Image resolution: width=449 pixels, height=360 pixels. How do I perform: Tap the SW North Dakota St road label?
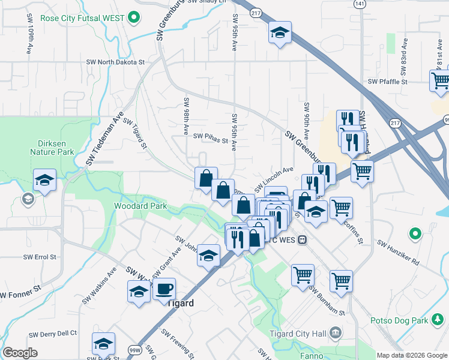click(116, 61)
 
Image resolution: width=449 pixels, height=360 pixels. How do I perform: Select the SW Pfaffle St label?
click(388, 82)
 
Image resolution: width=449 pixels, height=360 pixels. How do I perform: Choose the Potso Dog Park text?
click(399, 320)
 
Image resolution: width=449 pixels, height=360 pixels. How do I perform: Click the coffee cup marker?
click(164, 289)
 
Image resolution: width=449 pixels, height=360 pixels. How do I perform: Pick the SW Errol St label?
click(40, 257)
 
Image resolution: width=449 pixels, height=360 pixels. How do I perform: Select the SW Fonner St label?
click(20, 292)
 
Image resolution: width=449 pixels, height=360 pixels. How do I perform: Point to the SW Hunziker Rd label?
click(398, 252)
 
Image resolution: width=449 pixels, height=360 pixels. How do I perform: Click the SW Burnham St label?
click(328, 299)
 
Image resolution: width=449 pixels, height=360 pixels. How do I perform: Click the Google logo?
click(20, 353)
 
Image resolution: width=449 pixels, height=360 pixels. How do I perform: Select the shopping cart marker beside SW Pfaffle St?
click(441, 80)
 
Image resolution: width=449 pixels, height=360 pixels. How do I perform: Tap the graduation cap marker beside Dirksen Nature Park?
click(44, 181)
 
